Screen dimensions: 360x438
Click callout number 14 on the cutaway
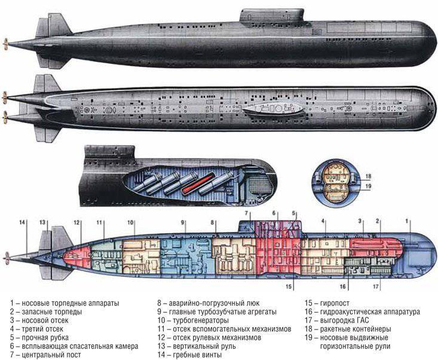pos(23,222)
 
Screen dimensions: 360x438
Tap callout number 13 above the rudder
pos(43,222)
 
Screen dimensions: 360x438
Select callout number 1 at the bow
pos(408,221)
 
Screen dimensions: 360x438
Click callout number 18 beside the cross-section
pos(369,176)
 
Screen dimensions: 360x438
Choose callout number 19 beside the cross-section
pos(369,186)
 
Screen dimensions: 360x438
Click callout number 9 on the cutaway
pos(184,221)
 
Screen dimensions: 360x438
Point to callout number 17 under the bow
pos(376,286)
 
